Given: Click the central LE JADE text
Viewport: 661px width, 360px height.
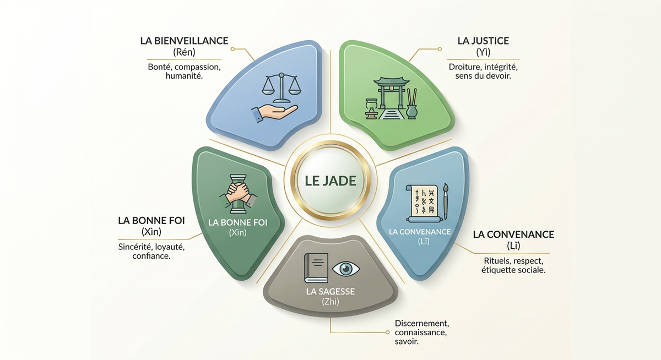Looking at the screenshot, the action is (330, 181).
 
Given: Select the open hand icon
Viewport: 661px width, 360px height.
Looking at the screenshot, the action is (274, 113).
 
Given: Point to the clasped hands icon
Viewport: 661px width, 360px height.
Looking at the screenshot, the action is (238, 193).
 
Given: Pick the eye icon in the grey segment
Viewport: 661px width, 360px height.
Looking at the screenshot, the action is (346, 269).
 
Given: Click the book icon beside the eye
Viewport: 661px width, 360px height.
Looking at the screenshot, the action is (316, 268).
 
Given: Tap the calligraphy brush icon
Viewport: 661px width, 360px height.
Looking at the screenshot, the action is (445, 201).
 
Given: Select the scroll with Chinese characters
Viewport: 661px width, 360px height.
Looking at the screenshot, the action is (423, 204).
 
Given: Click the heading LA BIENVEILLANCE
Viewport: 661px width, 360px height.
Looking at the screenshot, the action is (184, 41).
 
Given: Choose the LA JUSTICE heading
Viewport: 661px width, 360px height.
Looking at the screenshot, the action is (483, 41).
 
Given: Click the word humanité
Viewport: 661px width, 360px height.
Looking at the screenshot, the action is (184, 76).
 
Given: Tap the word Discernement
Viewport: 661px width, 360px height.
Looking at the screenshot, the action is (422, 324).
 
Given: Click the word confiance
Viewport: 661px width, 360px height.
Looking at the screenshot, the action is (151, 255).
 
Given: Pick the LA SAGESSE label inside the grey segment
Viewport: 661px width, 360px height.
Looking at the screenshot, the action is (330, 292).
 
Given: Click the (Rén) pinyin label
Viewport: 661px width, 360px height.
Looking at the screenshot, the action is (184, 52).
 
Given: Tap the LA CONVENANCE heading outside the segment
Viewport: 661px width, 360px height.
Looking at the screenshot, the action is (513, 234).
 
